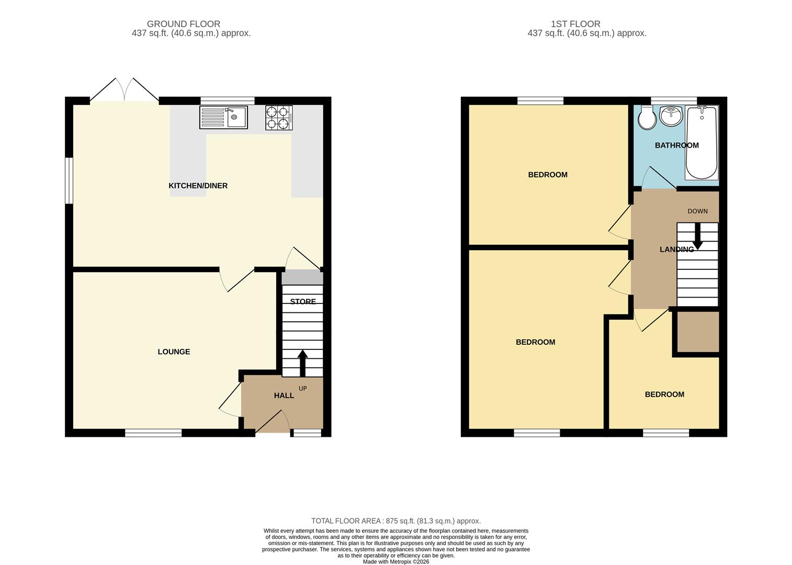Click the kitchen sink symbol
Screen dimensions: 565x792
(x=223, y=117)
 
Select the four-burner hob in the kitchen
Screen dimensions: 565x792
(x=279, y=118)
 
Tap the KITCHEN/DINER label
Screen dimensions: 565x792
(x=198, y=186)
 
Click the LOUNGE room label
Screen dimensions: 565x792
(x=174, y=352)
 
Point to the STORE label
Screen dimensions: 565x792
(x=303, y=301)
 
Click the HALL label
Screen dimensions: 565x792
(x=284, y=395)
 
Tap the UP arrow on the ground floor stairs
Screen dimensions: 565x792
(x=302, y=363)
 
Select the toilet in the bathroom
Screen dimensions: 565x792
(x=647, y=118)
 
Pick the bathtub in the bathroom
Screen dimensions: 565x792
(x=702, y=142)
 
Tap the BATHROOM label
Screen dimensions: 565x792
(x=676, y=145)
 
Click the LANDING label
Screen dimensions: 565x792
(x=676, y=250)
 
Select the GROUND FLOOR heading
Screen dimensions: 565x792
(x=183, y=24)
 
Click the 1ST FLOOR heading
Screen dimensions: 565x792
(x=575, y=24)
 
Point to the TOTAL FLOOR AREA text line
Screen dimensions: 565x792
(x=395, y=521)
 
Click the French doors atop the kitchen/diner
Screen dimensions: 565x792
(x=125, y=91)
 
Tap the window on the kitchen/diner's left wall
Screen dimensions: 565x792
(x=69, y=180)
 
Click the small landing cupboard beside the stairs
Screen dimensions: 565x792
(x=698, y=332)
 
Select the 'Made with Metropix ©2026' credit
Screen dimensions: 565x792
(x=395, y=561)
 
